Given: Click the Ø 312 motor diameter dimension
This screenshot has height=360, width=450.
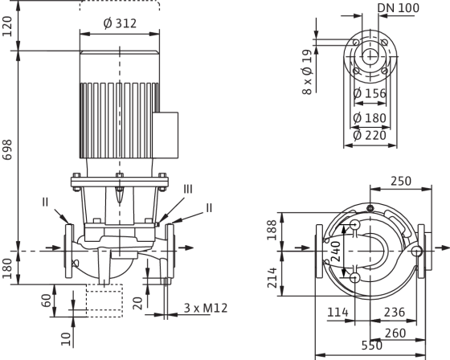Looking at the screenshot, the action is coord(120,23).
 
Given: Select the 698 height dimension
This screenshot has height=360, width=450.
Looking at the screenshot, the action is coord(7,149).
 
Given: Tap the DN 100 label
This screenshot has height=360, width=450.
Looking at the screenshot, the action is coord(399,8).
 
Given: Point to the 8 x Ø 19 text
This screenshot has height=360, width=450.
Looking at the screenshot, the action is coord(307,72).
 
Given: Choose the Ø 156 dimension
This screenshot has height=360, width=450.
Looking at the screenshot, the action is coord(370,93).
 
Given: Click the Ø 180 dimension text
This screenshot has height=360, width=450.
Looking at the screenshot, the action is coord(370,118).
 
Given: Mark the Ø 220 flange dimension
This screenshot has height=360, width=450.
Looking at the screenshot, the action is coord(370,135).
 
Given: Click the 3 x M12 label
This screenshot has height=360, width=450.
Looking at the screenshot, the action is coord(206,308).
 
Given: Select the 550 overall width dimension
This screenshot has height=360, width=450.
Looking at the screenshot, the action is coord(371,346).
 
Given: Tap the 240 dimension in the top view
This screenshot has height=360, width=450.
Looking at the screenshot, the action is coord(336,252).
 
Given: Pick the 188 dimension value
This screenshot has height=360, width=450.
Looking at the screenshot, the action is coord(272,230).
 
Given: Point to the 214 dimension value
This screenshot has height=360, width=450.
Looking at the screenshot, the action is coord(272,277).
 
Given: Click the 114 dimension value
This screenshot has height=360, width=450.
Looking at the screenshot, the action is coord(337,312).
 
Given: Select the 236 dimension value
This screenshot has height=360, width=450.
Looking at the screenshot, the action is coord(395,312).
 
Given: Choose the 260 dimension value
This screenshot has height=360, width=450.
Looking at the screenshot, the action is coord(395,333).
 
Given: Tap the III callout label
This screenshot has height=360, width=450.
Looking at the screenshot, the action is coord(188,190).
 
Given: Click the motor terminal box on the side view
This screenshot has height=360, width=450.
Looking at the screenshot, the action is coord(165,135).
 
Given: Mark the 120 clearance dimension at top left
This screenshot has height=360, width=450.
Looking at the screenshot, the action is coord(7,27).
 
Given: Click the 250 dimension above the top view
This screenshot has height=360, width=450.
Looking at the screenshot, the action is coord(401,181).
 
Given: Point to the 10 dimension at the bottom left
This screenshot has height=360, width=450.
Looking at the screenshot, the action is coord(66,339).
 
